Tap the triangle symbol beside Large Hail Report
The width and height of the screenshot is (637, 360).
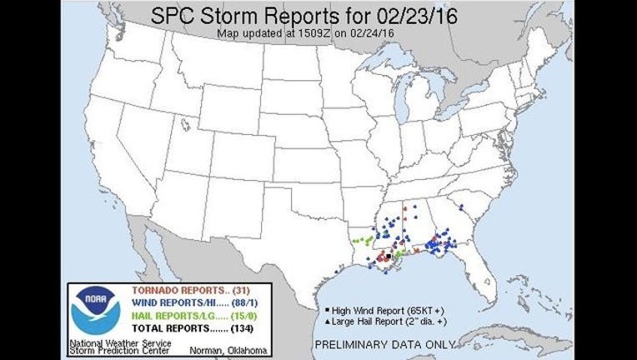(322, 320)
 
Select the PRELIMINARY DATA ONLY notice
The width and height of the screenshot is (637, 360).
(384, 342)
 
